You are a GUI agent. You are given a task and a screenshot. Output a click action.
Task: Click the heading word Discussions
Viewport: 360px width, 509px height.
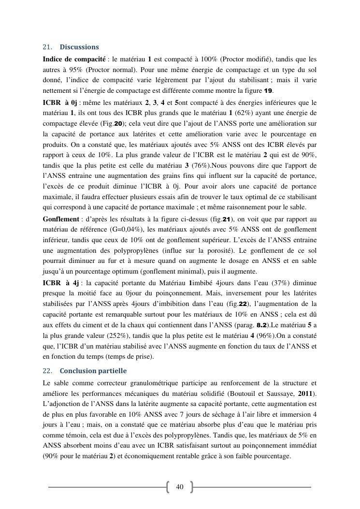[x=79, y=47]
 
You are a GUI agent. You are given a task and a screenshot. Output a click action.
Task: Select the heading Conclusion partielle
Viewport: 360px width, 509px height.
[x=93, y=371]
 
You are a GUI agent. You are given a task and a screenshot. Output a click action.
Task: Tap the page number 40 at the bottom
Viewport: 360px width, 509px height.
[x=180, y=487]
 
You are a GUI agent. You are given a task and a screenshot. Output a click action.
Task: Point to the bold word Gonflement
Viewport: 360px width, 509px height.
[x=61, y=218]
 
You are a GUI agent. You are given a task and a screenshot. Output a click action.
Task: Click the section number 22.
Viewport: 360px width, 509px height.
[x=47, y=371]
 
